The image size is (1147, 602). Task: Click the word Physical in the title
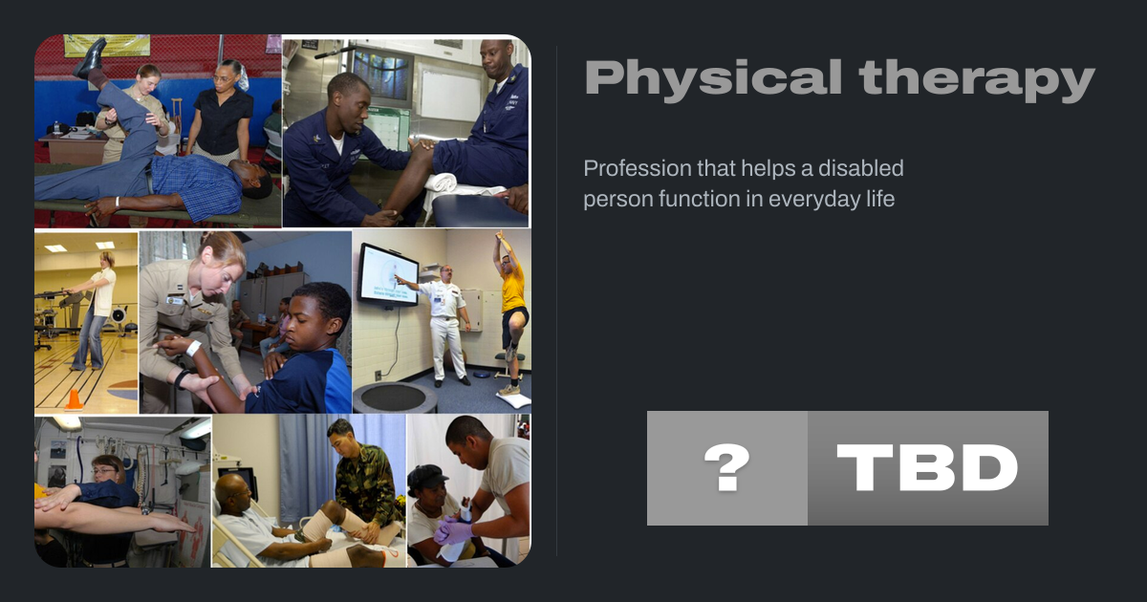(x=714, y=78)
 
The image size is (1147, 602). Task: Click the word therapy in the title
(x=977, y=78)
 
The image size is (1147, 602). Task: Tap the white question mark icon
(x=727, y=467)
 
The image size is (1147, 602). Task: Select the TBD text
(x=927, y=467)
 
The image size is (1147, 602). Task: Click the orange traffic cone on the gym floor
(x=74, y=399)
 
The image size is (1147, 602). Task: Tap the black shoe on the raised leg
(x=92, y=56)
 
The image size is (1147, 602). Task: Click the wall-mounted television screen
(x=389, y=275)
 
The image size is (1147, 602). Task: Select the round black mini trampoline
(x=394, y=398)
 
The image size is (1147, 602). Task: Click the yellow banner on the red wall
(x=107, y=45)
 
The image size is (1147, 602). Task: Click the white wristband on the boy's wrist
(x=193, y=348)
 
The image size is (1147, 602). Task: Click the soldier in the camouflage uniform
(x=364, y=482)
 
